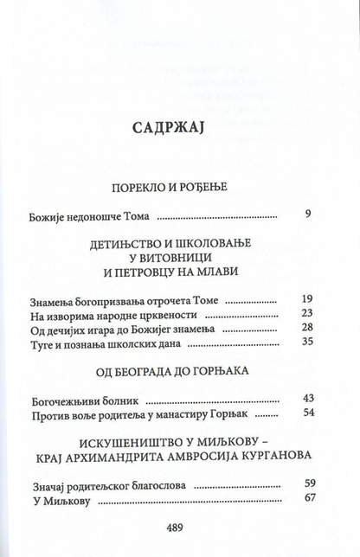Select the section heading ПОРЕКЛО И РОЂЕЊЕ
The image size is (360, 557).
click(180, 186)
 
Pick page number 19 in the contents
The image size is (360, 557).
click(305, 298)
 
